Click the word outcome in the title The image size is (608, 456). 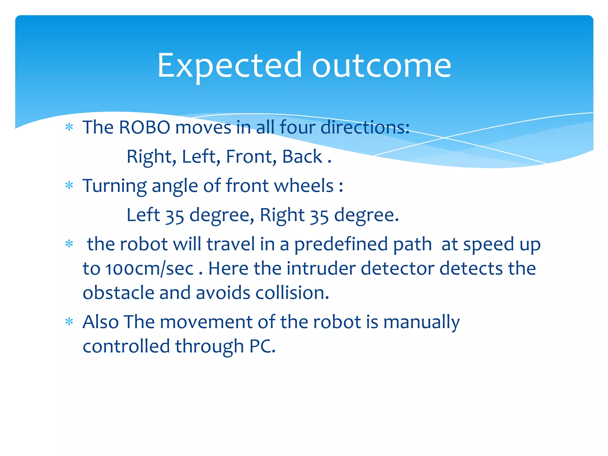pos(381,66)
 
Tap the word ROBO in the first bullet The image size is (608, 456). pos(144,128)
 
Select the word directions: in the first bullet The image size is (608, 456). pos(365,128)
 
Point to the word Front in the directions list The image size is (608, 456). pos(251,157)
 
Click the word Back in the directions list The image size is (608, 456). pos(302,157)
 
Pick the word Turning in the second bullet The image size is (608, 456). pos(115,186)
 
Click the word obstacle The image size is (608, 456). pos(118,293)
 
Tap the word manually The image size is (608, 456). pos(421,322)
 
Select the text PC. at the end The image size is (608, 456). pos(262,346)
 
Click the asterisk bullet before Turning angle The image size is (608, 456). pos(69,186)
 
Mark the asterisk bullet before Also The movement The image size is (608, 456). pos(69,322)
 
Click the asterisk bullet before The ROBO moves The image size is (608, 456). pos(69,127)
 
